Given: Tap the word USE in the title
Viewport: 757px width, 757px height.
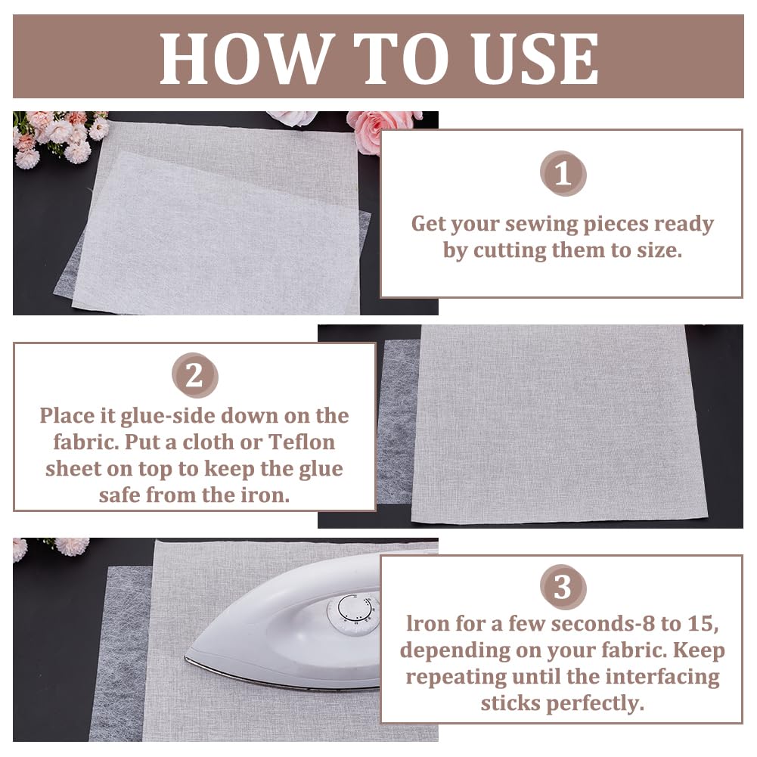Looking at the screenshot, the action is pyautogui.click(x=535, y=59).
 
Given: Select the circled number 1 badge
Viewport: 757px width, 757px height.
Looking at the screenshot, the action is pyautogui.click(x=563, y=174).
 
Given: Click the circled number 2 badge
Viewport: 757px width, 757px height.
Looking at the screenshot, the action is pyautogui.click(x=194, y=375).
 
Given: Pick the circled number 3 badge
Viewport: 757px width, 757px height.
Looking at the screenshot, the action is pyautogui.click(x=563, y=587).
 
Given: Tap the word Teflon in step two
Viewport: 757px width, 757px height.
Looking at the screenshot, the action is pyautogui.click(x=301, y=442).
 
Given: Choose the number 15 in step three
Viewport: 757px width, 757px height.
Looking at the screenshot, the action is pyautogui.click(x=703, y=623).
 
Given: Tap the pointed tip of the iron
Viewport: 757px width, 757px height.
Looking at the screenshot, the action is pyautogui.click(x=186, y=656).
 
